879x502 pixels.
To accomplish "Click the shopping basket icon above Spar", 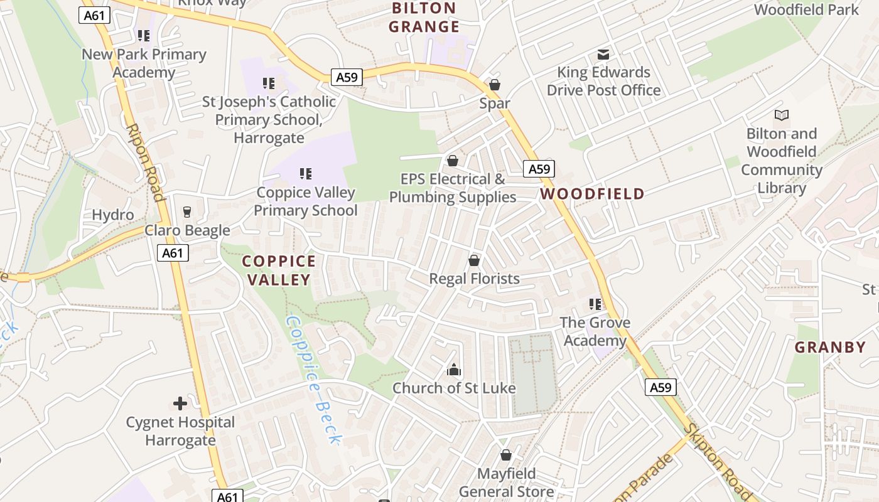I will coord(495,85).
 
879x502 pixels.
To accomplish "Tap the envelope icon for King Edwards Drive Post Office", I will coord(603,55).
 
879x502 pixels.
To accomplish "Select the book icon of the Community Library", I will coord(782,115).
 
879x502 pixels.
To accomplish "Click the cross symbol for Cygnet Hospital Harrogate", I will coord(180,403).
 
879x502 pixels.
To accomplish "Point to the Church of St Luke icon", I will coord(454,370).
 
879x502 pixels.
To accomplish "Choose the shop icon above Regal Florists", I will coord(474,260).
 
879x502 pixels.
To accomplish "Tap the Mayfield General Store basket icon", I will coord(506,455).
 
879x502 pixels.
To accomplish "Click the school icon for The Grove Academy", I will coord(595,304).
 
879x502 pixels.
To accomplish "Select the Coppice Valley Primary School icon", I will coord(306,173).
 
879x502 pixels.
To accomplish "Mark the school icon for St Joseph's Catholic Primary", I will coord(269,83).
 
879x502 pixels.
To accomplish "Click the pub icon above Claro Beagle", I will coord(186,212).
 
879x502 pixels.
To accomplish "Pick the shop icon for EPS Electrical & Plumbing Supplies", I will coord(452,161).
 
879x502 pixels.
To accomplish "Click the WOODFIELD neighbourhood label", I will coord(592,194).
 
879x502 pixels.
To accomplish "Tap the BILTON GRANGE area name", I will coord(424,18).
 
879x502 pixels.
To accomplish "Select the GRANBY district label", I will coord(830,347).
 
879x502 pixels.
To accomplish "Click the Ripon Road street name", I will coord(146,162).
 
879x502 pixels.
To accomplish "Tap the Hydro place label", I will coord(113,215).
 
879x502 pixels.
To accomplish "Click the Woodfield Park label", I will coord(806,10).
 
